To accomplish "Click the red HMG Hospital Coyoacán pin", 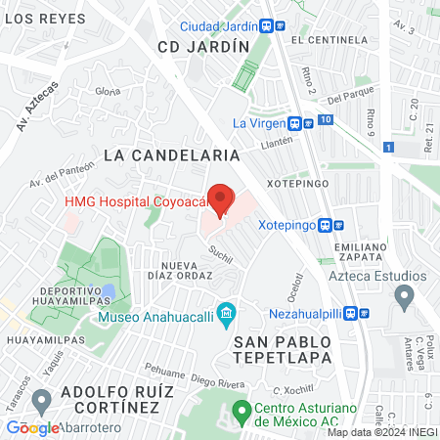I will coord(221,199).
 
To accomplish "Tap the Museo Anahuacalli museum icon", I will coord(227,314).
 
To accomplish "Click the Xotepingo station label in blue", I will coord(293,223).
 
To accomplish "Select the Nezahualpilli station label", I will coord(312,314).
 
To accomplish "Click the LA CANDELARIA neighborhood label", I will coord(171,154).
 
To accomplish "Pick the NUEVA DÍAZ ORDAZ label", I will coord(187,271).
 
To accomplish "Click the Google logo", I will coord(32,427).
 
